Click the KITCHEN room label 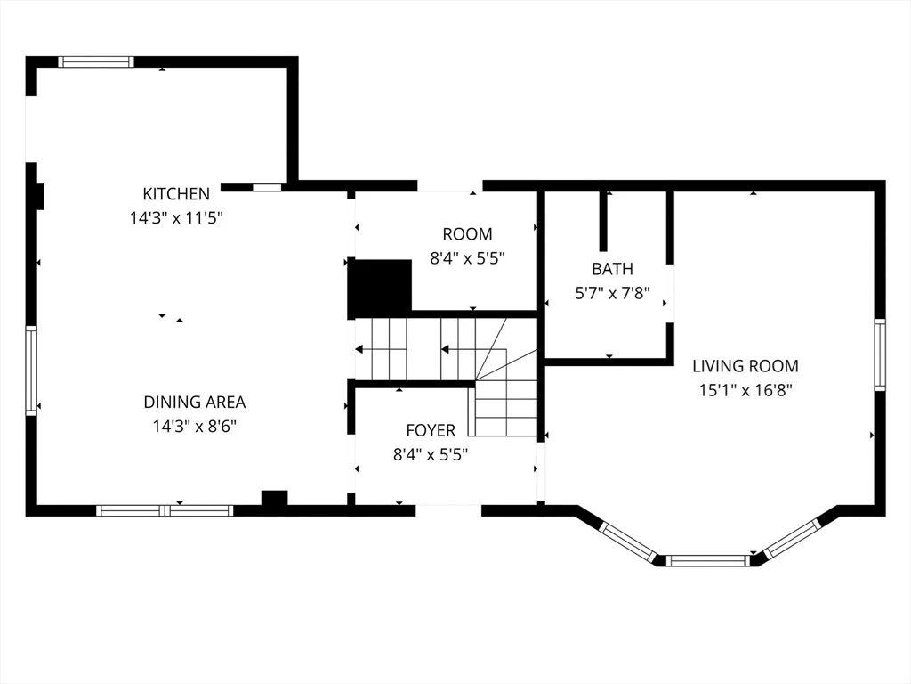[176, 193]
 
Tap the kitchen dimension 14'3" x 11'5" [176, 218]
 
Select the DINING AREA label [195, 402]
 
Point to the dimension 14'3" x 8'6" [195, 427]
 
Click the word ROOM [467, 234]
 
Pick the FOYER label [431, 430]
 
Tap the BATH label [612, 269]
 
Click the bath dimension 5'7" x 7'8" [612, 293]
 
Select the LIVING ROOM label [746, 366]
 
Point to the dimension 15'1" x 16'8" [746, 390]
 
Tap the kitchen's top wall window [96, 61]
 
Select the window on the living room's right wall [880, 354]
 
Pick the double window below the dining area [165, 510]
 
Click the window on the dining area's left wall [31, 370]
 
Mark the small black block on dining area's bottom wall [274, 499]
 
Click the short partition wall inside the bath [603, 221]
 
